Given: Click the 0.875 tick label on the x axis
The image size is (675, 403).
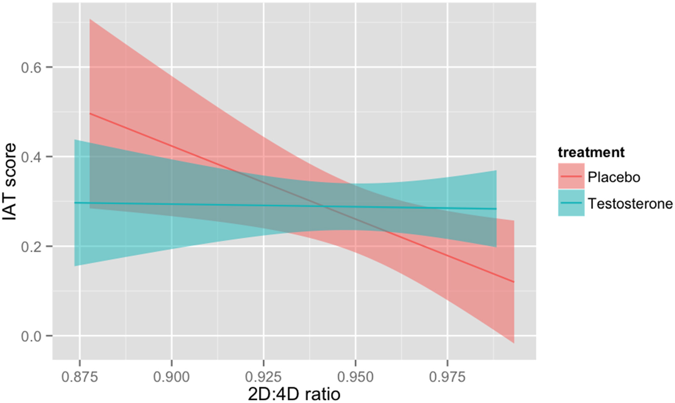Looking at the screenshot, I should pyautogui.click(x=79, y=377).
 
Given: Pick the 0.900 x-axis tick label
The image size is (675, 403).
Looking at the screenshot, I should pyautogui.click(x=171, y=377).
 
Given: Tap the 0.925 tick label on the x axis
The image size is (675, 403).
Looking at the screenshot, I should pyautogui.click(x=263, y=377).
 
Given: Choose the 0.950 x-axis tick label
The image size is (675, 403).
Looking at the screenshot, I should pyautogui.click(x=355, y=377).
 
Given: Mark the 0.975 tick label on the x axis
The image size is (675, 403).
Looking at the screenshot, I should pyautogui.click(x=447, y=377).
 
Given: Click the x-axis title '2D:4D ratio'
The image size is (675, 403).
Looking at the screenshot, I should pyautogui.click(x=294, y=394).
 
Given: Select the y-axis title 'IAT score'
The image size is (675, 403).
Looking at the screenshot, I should pyautogui.click(x=10, y=182).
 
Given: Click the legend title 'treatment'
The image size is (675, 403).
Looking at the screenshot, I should pyautogui.click(x=591, y=152).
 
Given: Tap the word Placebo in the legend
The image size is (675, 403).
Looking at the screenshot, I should pyautogui.click(x=613, y=177).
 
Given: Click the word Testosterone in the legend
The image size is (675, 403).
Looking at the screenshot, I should pyautogui.click(x=630, y=203).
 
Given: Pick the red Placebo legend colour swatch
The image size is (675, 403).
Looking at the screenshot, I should pyautogui.click(x=571, y=176).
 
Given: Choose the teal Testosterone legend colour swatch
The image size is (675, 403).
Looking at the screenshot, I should pyautogui.click(x=571, y=203).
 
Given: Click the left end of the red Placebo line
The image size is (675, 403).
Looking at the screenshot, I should pyautogui.click(x=90, y=113).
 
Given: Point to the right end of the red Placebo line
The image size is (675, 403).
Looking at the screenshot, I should pyautogui.click(x=514, y=282).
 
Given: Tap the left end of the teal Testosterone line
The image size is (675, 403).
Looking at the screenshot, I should pyautogui.click(x=75, y=203).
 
